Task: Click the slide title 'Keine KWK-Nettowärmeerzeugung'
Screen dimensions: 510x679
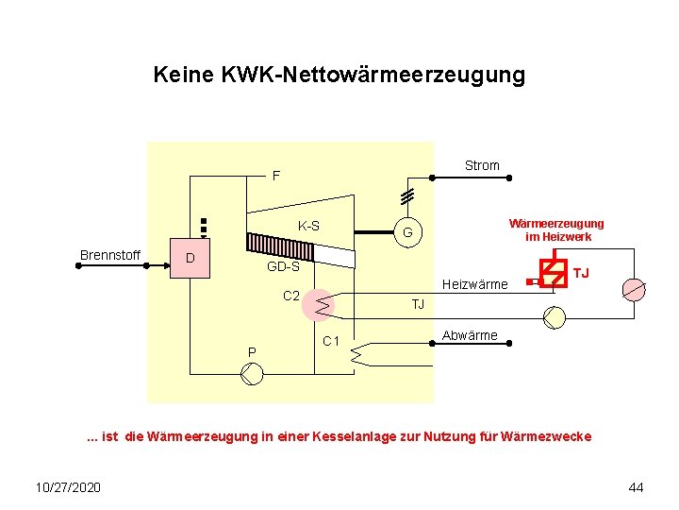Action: pyautogui.click(x=339, y=75)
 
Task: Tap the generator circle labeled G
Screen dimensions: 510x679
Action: pyautogui.click(x=407, y=233)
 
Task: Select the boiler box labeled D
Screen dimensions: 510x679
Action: pyautogui.click(x=190, y=258)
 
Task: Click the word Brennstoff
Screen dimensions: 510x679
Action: pyautogui.click(x=110, y=255)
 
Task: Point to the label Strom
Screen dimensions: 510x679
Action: pyautogui.click(x=482, y=166)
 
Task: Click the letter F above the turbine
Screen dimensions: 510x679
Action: pyautogui.click(x=276, y=176)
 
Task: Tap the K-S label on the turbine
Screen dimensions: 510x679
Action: pyautogui.click(x=308, y=227)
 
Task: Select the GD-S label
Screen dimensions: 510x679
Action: pyautogui.click(x=283, y=267)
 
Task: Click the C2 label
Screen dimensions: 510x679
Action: pyautogui.click(x=292, y=297)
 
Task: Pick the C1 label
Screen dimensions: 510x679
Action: pyautogui.click(x=330, y=341)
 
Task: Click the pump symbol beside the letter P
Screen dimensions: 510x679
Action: pyautogui.click(x=253, y=374)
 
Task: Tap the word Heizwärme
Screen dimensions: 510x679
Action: pyautogui.click(x=475, y=284)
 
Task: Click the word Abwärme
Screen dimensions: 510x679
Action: pyautogui.click(x=470, y=335)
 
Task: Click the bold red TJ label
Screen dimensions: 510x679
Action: pyautogui.click(x=582, y=274)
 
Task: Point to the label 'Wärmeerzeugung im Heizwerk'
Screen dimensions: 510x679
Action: pyautogui.click(x=556, y=230)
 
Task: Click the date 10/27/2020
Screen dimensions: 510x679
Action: pyautogui.click(x=68, y=486)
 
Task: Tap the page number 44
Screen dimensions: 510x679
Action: pyautogui.click(x=636, y=486)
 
